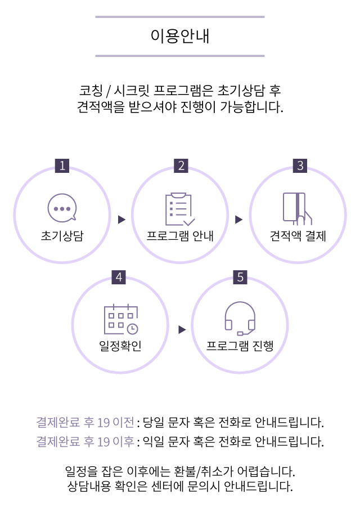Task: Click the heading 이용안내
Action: pyautogui.click(x=180, y=36)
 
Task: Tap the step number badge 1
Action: pyautogui.click(x=62, y=166)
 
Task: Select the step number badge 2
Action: pyautogui.click(x=181, y=166)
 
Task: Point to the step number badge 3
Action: pyautogui.click(x=300, y=166)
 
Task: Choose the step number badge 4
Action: pyautogui.click(x=119, y=277)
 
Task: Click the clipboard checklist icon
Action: pyautogui.click(x=180, y=209)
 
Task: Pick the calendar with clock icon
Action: pyautogui.click(x=120, y=320)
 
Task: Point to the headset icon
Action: pyautogui.click(x=240, y=319)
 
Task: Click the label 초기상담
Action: pyautogui.click(x=62, y=235)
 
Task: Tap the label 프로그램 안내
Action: pyautogui.click(x=180, y=235)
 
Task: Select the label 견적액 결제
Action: pyautogui.click(x=298, y=235)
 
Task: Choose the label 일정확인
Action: pyautogui.click(x=120, y=345)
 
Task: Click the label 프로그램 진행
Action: pyautogui.click(x=240, y=345)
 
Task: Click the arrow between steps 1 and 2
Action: pyautogui.click(x=121, y=220)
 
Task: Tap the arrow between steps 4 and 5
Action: pyautogui.click(x=182, y=330)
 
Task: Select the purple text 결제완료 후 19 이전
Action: pyautogui.click(x=85, y=422)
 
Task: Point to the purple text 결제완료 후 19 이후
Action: pyautogui.click(x=85, y=441)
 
